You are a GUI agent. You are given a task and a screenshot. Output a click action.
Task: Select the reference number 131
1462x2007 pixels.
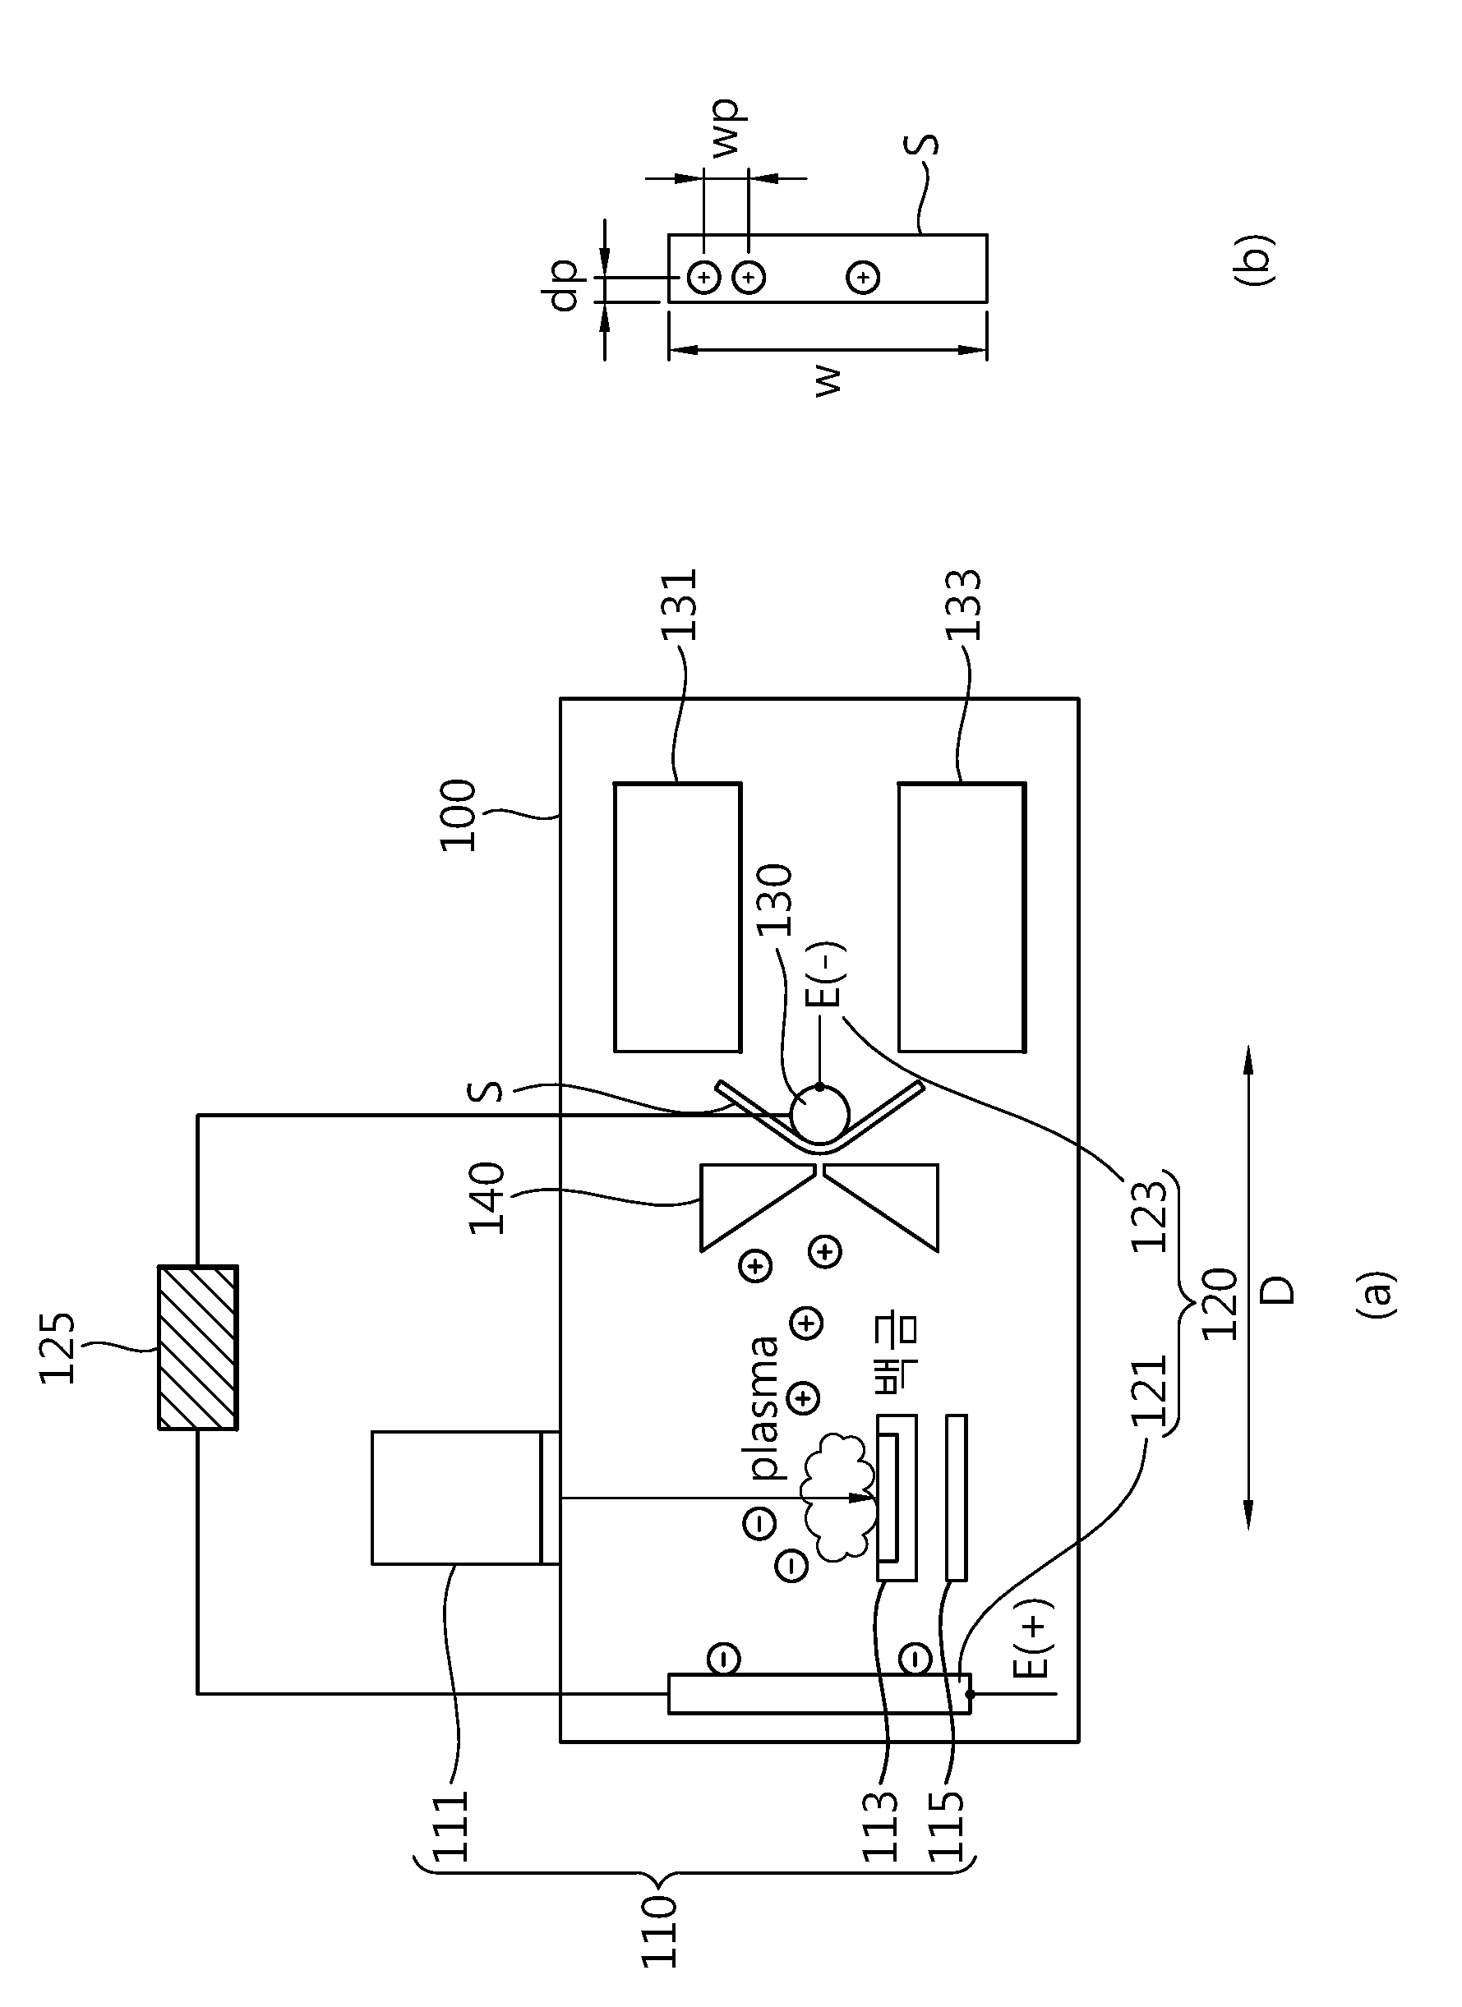click(x=680, y=605)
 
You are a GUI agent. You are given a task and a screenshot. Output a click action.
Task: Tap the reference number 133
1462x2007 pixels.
click(x=964, y=605)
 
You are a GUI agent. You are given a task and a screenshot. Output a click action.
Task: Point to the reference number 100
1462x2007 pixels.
click(x=459, y=815)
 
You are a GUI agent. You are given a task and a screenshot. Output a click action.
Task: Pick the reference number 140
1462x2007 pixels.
click(x=487, y=1198)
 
